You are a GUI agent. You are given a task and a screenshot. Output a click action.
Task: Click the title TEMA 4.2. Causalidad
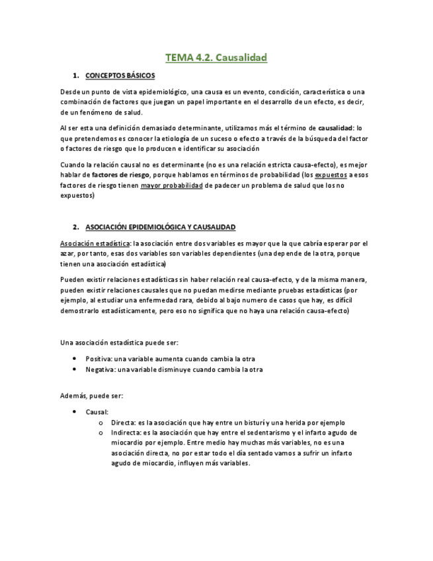coord(216,58)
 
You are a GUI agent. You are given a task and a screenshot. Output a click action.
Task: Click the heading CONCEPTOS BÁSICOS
coord(120,75)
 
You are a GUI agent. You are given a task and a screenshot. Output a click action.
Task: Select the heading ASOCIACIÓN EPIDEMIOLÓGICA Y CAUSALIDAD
coord(161,227)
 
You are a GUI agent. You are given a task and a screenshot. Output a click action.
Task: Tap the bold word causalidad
coord(336,127)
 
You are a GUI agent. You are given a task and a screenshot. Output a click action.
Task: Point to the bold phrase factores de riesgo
coord(120,175)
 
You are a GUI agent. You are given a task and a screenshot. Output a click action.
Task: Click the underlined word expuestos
coord(329,175)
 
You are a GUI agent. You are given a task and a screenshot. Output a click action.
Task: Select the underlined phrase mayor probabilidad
coord(171,185)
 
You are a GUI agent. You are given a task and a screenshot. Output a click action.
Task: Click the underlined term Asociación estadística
coord(94,243)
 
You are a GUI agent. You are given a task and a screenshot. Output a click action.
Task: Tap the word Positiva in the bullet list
coord(98,359)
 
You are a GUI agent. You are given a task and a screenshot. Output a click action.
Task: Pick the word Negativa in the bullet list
coord(99,369)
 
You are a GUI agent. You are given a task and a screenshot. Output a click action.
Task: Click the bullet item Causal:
coord(97,411)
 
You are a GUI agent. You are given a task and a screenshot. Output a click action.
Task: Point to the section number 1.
coord(76,75)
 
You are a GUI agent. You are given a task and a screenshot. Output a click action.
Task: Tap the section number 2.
coord(76,227)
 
